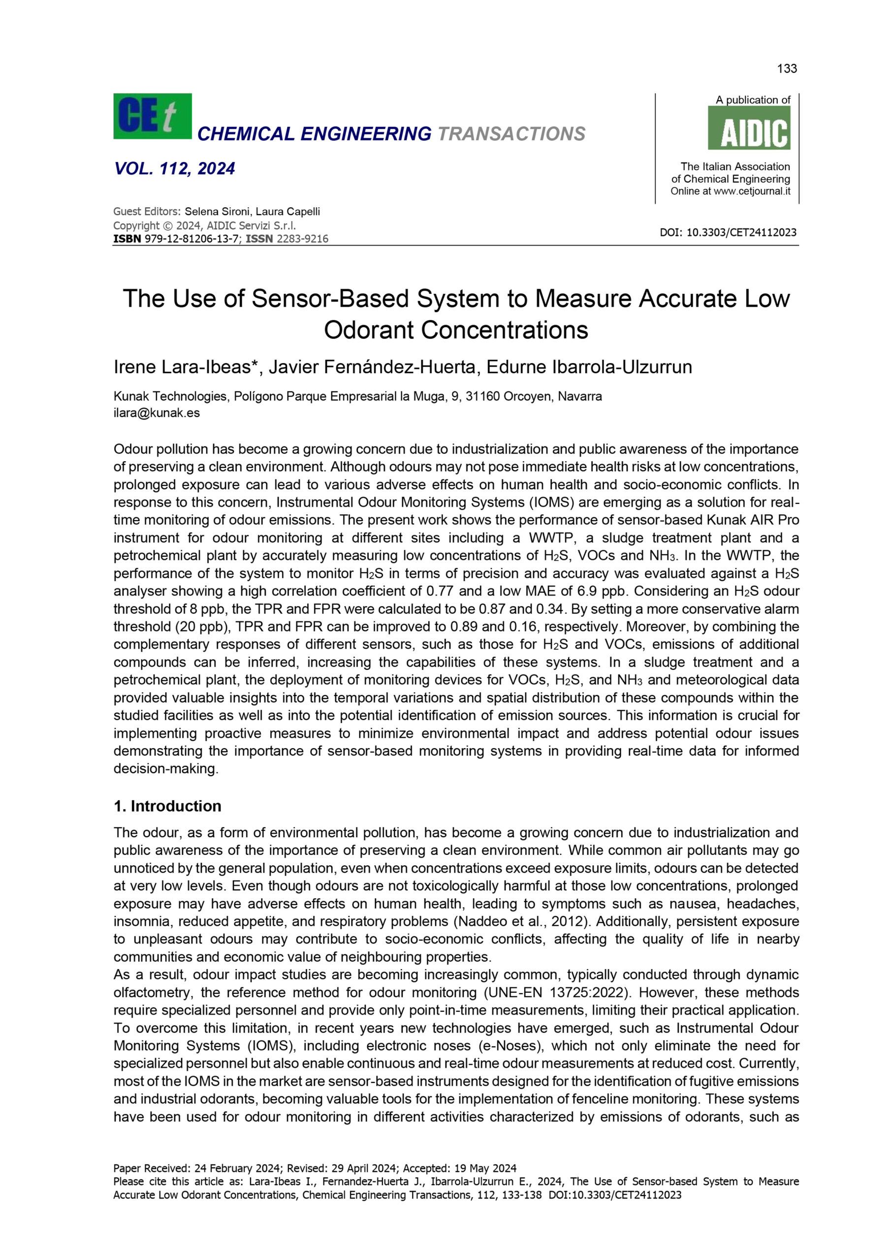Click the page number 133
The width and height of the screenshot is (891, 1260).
click(787, 68)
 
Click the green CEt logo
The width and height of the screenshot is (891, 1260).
click(152, 116)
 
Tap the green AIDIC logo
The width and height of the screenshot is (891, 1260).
click(749, 128)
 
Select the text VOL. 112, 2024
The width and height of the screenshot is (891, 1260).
click(175, 168)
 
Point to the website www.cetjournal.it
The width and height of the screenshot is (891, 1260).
click(752, 191)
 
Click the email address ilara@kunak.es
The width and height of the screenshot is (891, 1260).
click(157, 413)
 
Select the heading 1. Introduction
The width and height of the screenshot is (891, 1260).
click(167, 806)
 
